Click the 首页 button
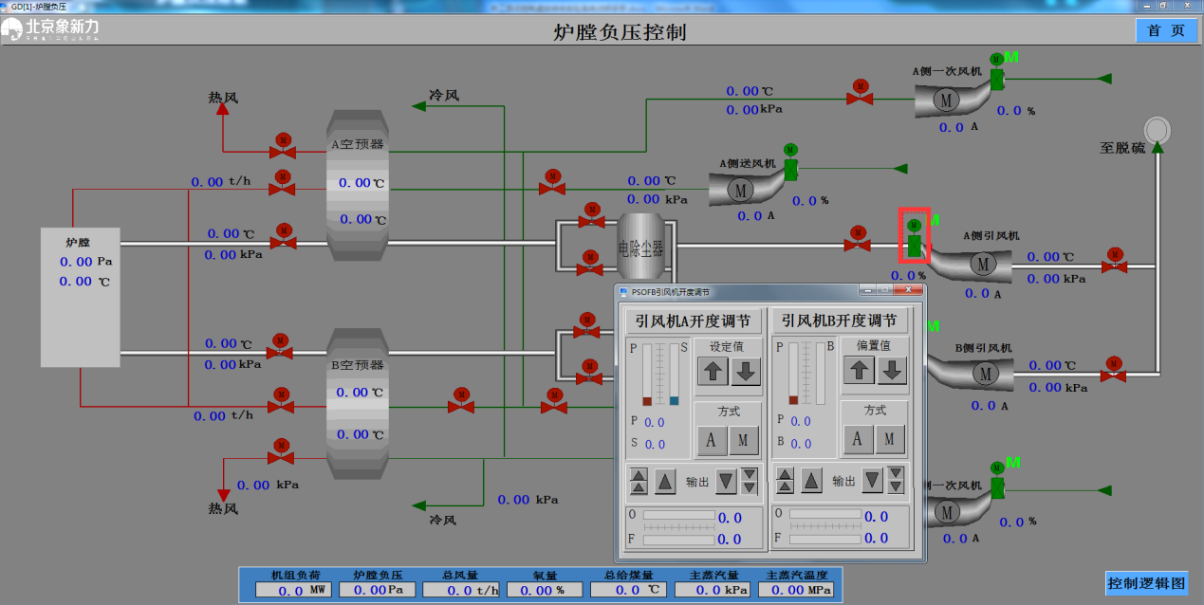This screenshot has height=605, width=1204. [x=1166, y=30]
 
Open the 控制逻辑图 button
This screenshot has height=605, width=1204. [x=1146, y=583]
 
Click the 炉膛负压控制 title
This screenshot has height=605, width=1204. [x=619, y=32]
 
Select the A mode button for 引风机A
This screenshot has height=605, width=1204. [x=711, y=439]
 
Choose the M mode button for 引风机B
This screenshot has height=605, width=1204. [x=889, y=438]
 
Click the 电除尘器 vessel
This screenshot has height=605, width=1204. [x=640, y=248]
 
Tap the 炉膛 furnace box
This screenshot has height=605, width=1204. [x=80, y=296]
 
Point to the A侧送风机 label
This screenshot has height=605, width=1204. [x=748, y=163]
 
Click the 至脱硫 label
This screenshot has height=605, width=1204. [x=1122, y=148]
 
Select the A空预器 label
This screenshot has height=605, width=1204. [x=357, y=145]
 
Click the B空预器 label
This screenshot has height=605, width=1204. [x=357, y=365]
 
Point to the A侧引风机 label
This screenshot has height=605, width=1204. [x=991, y=235]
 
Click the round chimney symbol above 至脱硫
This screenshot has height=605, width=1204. [x=1158, y=128]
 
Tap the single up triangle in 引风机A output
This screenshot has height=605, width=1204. [x=665, y=481]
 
